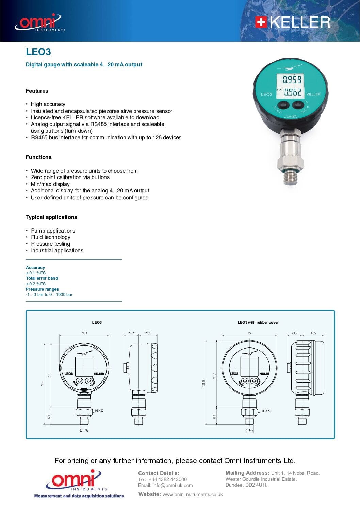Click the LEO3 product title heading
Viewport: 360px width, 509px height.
pos(38,52)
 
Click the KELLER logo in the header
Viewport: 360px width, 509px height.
pos(293,22)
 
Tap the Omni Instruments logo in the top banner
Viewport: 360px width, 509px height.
pos(39,22)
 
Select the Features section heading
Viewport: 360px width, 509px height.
pos(37,91)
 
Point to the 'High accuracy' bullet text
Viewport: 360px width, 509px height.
pos(48,104)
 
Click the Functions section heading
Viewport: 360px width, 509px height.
pos(39,157)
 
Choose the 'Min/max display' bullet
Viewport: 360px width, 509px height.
pos(50,184)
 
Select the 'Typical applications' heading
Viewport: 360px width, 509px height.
pos(52,217)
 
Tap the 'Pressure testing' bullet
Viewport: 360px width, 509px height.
pos(50,244)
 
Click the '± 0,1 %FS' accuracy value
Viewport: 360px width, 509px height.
pos(36,273)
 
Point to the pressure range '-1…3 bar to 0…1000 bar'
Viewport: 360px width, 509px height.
pos(49,295)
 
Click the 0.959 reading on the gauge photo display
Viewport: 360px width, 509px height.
pos(292,80)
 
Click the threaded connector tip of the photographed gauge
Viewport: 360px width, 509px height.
pos(290,179)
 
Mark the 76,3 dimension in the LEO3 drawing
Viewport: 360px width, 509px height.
pos(84,333)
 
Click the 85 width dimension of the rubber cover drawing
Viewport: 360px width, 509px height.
pos(249,333)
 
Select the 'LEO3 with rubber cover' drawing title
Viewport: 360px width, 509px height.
pos(258,322)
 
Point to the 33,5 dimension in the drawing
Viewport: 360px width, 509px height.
pos(313,333)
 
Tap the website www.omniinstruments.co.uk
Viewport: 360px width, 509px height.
pos(193,494)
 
